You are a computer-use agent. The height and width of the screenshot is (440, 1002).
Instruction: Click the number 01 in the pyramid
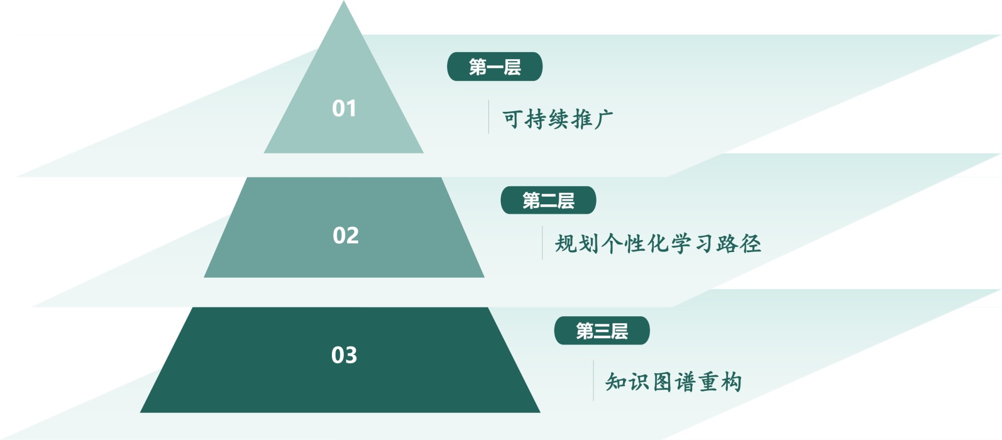pyautogui.click(x=344, y=109)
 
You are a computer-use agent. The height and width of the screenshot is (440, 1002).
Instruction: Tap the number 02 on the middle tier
pyautogui.click(x=345, y=236)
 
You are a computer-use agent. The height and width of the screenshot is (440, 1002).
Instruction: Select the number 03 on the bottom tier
pyautogui.click(x=344, y=356)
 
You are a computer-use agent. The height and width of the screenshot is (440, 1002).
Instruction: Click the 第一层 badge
pyautogui.click(x=495, y=67)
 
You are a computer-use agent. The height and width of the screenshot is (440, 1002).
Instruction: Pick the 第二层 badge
pyautogui.click(x=548, y=201)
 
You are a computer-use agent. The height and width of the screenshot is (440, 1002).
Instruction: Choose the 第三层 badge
pyautogui.click(x=602, y=331)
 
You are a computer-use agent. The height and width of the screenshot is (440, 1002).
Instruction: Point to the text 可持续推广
pyautogui.click(x=558, y=119)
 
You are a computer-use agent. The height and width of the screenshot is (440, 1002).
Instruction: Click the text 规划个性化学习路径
pyautogui.click(x=658, y=244)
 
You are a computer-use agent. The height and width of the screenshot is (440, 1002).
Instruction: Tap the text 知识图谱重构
pyautogui.click(x=673, y=382)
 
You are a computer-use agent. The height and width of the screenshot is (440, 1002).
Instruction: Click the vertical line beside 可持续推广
pyautogui.click(x=488, y=117)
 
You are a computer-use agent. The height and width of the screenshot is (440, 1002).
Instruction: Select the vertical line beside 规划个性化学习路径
pyautogui.click(x=542, y=243)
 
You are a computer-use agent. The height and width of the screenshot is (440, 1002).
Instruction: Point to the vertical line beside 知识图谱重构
pyautogui.click(x=593, y=380)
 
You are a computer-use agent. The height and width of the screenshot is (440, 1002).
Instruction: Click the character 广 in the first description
pyautogui.click(x=603, y=119)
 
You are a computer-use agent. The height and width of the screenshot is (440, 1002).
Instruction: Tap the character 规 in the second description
pyautogui.click(x=566, y=244)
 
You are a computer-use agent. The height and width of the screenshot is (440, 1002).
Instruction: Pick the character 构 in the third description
pyautogui.click(x=731, y=382)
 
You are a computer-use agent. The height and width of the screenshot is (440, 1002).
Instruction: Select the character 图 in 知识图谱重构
pyautogui.click(x=663, y=382)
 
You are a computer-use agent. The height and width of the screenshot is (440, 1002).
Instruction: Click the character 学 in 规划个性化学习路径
pyautogui.click(x=681, y=244)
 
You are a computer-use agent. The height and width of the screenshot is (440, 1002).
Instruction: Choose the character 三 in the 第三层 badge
pyautogui.click(x=602, y=331)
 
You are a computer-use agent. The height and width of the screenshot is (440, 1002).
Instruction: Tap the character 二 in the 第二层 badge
pyautogui.click(x=548, y=201)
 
